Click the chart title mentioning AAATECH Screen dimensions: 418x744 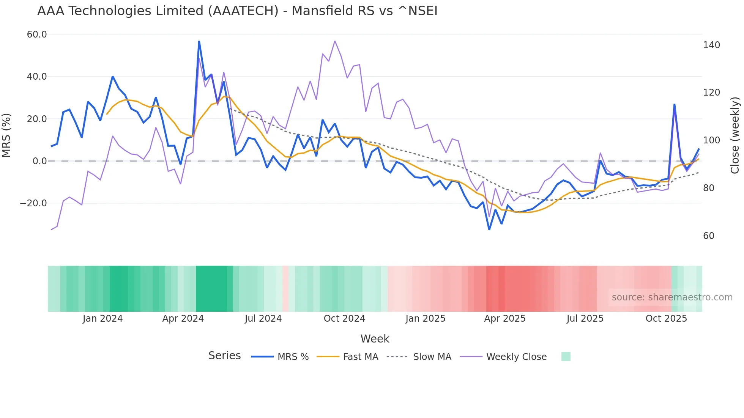[237, 11]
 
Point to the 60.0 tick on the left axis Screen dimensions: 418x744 [37, 35]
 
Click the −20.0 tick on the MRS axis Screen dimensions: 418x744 [33, 203]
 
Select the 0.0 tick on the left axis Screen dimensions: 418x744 [39, 161]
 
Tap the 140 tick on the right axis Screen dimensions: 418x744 [711, 45]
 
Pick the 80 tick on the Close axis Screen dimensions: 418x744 [708, 188]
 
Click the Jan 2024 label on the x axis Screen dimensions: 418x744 [102, 319]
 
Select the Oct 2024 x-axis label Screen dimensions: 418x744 [344, 319]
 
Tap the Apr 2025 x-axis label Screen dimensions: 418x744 [505, 319]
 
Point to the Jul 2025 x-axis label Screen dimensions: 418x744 [585, 319]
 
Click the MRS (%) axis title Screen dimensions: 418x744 [6, 135]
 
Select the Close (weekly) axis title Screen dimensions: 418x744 [735, 135]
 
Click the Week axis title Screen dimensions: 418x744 [375, 339]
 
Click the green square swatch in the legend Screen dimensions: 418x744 [566, 357]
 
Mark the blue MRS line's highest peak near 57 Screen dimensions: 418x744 [199, 41]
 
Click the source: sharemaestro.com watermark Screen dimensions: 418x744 [672, 297]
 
